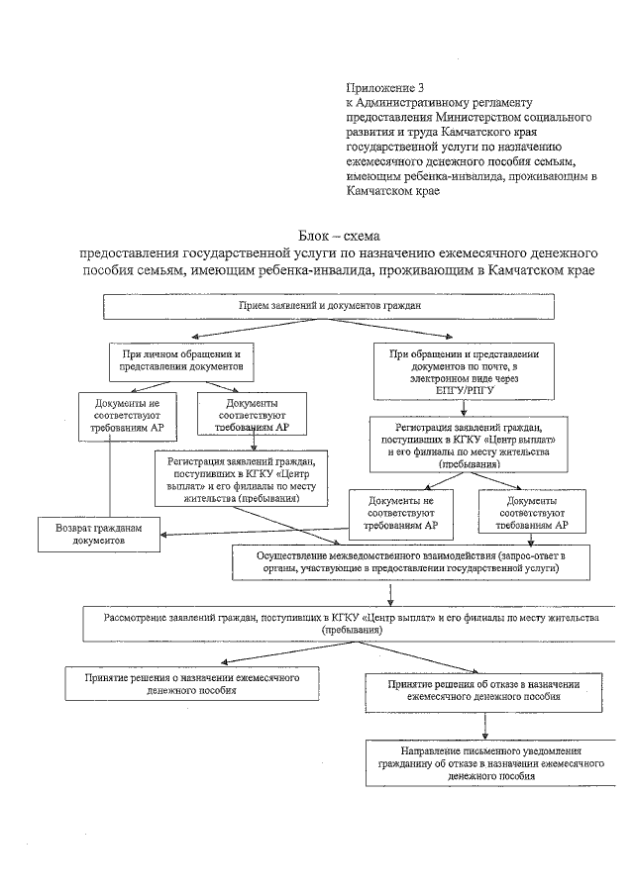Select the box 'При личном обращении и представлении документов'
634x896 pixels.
[x=174, y=357]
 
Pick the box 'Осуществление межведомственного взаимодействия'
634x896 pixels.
[x=398, y=560]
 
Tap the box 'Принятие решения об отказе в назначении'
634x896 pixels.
[x=483, y=689]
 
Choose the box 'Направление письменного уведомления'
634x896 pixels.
[x=483, y=761]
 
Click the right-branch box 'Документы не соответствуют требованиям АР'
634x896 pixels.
[x=401, y=512]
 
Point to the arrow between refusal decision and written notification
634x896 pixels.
[x=484, y=722]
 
